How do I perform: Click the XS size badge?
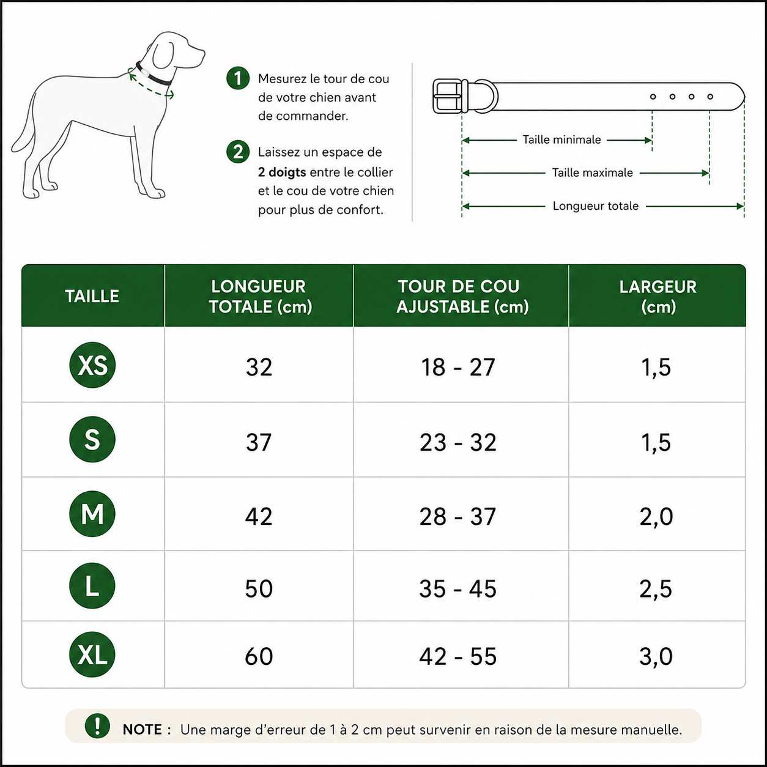pyautogui.click(x=92, y=365)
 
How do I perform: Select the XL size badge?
pyautogui.click(x=92, y=654)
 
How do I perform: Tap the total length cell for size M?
pyautogui.click(x=259, y=516)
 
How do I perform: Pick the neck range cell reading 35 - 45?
pyautogui.click(x=458, y=588)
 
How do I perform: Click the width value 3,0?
pyautogui.click(x=656, y=656)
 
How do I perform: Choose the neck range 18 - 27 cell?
pyautogui.click(x=458, y=366)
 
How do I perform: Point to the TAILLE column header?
pyautogui.click(x=92, y=296)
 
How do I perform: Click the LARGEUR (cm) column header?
pyautogui.click(x=658, y=296)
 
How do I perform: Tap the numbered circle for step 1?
pyautogui.click(x=238, y=78)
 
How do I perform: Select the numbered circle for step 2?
pyautogui.click(x=238, y=152)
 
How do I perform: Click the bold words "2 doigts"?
pyautogui.click(x=282, y=172)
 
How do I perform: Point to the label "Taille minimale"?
pyautogui.click(x=561, y=139)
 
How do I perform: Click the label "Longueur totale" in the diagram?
pyautogui.click(x=596, y=206)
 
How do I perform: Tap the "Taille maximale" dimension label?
pyautogui.click(x=592, y=172)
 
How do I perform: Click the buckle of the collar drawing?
pyautogui.click(x=448, y=96)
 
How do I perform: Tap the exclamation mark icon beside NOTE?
pyautogui.click(x=97, y=725)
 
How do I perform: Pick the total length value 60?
pyautogui.click(x=259, y=656)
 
